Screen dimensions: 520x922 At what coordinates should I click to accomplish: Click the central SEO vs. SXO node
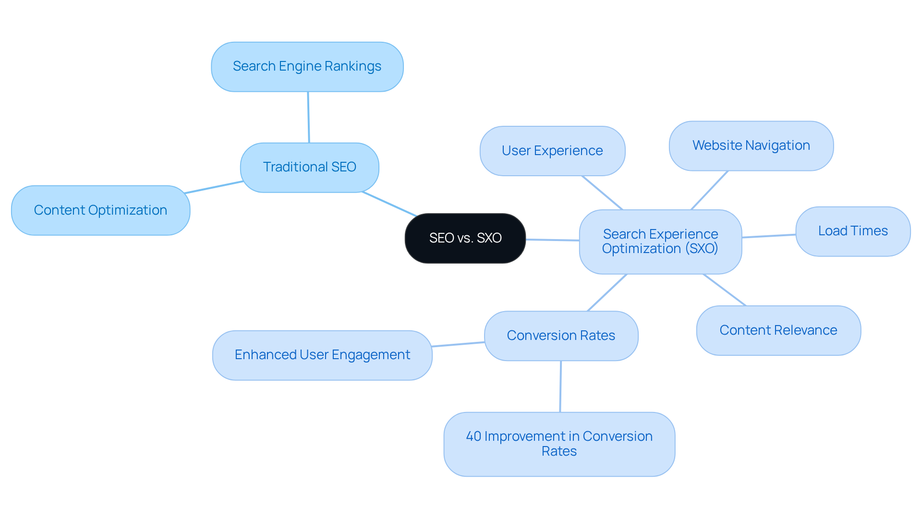coord(465,238)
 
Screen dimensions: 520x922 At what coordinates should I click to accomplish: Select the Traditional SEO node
coord(309,167)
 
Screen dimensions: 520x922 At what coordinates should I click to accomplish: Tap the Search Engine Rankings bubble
coord(307,66)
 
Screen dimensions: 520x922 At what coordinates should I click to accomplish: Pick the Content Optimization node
coord(100,210)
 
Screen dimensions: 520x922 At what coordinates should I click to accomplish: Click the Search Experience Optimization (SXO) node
coord(660,242)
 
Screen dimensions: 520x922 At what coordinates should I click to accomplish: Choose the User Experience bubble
coord(552,151)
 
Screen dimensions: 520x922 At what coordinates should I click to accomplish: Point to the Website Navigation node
coord(751,145)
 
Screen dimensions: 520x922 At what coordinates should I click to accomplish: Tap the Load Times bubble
coord(853,231)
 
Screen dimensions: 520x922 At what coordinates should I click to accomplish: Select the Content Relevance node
coord(778,330)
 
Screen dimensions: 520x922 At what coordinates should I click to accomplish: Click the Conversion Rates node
coord(561,336)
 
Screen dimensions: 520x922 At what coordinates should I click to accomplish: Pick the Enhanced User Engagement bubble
coord(322,355)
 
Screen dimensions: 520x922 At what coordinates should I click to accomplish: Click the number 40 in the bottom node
coord(473,436)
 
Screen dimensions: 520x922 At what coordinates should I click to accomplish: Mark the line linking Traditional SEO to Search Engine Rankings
coord(308,117)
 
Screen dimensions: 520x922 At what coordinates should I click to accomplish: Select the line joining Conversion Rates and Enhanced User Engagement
coord(458,344)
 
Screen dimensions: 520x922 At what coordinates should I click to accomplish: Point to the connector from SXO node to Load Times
coord(769,236)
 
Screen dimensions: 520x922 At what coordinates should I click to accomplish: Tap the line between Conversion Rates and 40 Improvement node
coord(560,387)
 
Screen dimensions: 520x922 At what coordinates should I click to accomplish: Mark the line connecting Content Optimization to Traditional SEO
coord(214,187)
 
